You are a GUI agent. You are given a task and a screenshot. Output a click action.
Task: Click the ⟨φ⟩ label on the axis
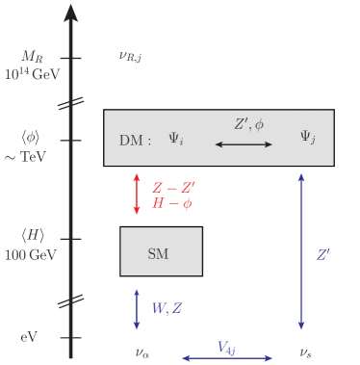pyautogui.click(x=33, y=139)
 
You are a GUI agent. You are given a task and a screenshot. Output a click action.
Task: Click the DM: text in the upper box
pyautogui.click(x=135, y=141)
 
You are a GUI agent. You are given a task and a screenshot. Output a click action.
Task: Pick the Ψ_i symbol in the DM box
pyautogui.click(x=176, y=140)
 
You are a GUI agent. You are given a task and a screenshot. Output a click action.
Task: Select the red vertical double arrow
pyautogui.click(x=137, y=194)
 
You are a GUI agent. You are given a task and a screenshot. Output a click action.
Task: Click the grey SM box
pyautogui.click(x=161, y=252)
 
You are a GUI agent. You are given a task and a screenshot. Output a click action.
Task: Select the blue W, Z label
pyautogui.click(x=167, y=309)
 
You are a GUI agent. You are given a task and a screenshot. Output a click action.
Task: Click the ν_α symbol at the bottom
pyautogui.click(x=143, y=353)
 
